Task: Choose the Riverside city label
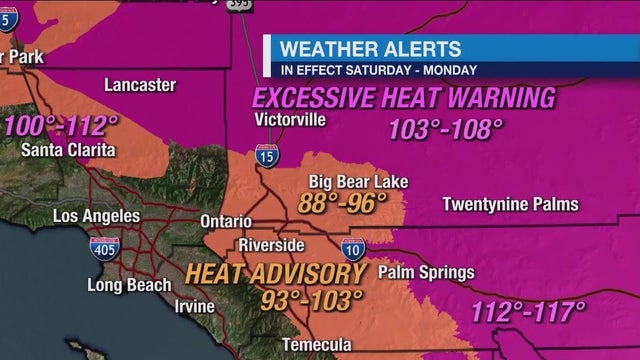pyautogui.click(x=271, y=245)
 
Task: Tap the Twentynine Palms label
pyautogui.click(x=510, y=205)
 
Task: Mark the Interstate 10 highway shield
pyautogui.click(x=353, y=247)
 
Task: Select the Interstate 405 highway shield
pyautogui.click(x=102, y=248)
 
